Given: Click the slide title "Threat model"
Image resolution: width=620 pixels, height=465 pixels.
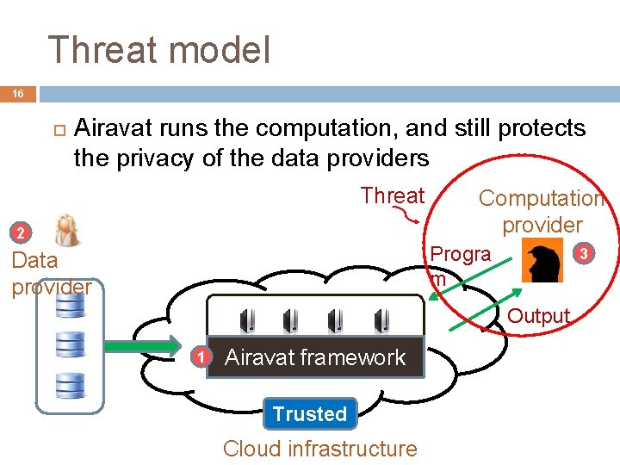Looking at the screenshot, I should pos(159,50).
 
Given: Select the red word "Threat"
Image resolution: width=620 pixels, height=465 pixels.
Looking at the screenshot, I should pos(393,195).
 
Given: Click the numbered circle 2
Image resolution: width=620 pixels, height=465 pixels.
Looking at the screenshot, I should pos(22,233).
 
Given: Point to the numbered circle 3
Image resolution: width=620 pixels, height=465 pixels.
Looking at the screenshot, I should pos(585,253).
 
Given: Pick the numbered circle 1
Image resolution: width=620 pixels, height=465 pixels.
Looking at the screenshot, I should pos(199,357).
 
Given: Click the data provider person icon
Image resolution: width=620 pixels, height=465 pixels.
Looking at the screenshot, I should pos(66,231).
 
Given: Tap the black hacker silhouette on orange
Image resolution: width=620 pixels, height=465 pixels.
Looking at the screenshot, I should pos(543,263).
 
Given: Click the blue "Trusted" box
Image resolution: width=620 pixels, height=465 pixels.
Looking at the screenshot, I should pos(310,414).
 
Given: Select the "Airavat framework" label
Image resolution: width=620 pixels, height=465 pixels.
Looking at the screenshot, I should pos(314,357).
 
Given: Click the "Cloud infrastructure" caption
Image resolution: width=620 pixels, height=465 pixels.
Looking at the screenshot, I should pos(319,449).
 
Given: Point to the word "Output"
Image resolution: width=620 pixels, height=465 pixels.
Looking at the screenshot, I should pos(539,316).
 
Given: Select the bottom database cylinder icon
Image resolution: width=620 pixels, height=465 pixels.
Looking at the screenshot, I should pos(70,384).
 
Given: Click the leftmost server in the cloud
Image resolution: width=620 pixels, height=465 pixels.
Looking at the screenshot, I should pos(246,319).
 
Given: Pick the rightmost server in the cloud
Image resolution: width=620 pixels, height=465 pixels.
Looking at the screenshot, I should pos(381,319).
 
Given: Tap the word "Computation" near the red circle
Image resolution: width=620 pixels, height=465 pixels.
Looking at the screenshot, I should pos(541,198).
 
